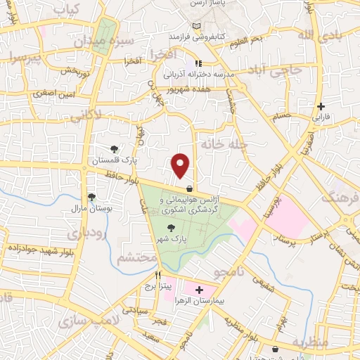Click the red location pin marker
pyautogui.click(x=181, y=165)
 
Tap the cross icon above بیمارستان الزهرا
pyautogui.click(x=199, y=289)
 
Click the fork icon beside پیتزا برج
pyautogui.click(x=159, y=275)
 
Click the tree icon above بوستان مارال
pyautogui.click(x=91, y=198)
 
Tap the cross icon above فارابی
pyautogui.click(x=321, y=107)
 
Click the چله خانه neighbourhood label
pyautogui.click(x=224, y=143)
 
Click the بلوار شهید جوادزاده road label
pyautogui.click(x=40, y=248)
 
